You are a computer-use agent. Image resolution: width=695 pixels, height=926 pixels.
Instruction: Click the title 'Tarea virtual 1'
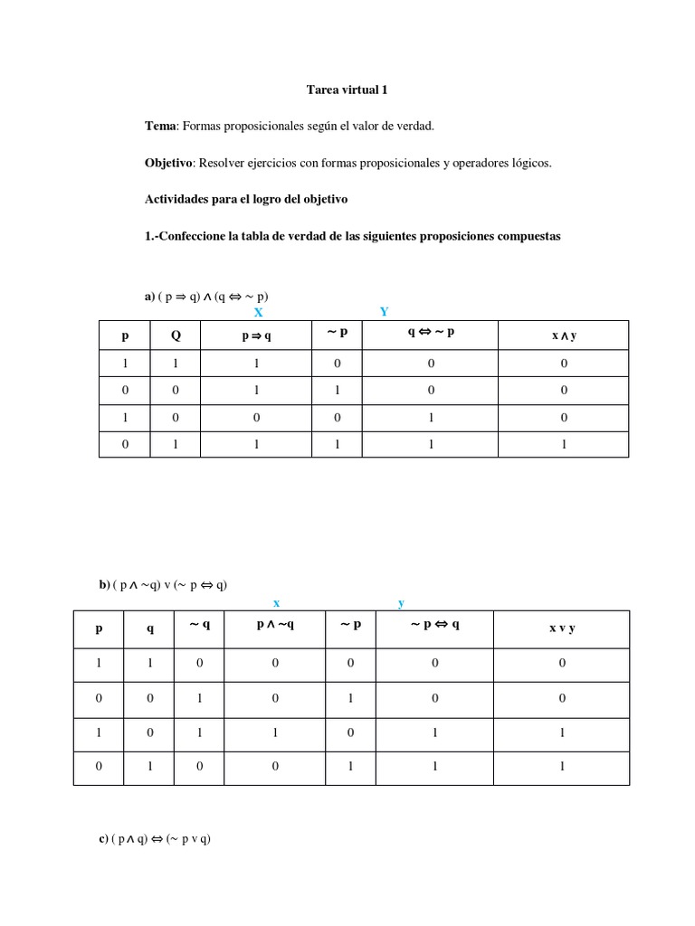[347, 90]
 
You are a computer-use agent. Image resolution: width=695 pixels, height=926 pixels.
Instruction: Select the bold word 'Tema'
[159, 126]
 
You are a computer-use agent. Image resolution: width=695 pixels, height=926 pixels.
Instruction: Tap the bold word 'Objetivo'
[168, 163]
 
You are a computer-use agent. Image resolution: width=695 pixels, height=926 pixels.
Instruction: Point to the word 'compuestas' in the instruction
[526, 236]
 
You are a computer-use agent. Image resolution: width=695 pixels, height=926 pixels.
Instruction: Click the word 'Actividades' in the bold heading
[177, 199]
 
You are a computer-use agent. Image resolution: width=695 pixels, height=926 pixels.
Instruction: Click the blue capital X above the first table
[258, 312]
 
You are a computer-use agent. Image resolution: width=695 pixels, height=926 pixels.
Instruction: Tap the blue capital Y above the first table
[384, 311]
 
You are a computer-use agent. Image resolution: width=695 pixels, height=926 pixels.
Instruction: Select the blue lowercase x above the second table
[276, 602]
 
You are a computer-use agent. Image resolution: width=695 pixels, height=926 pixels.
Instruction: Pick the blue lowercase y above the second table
[401, 603]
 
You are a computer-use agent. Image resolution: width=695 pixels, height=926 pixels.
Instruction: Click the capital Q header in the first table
[176, 335]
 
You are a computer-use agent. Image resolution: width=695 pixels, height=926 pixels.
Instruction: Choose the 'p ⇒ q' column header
[257, 335]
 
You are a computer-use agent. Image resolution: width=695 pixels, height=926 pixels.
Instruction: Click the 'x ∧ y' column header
[564, 335]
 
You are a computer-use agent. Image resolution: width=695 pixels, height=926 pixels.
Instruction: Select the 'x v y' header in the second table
[561, 628]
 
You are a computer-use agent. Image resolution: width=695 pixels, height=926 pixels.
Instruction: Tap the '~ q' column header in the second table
[200, 624]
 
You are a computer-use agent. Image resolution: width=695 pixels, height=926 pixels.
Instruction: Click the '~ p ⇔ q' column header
[434, 624]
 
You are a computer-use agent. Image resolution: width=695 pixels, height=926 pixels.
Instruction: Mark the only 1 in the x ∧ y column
[564, 444]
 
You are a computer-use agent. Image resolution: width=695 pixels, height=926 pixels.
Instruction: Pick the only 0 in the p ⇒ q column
[257, 418]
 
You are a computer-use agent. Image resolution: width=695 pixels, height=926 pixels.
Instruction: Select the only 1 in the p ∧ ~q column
[275, 733]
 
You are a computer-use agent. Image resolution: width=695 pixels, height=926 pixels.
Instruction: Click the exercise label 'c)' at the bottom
[104, 838]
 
